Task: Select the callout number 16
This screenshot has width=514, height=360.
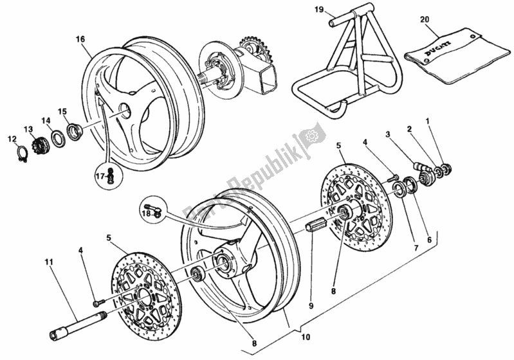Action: point(80,39)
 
